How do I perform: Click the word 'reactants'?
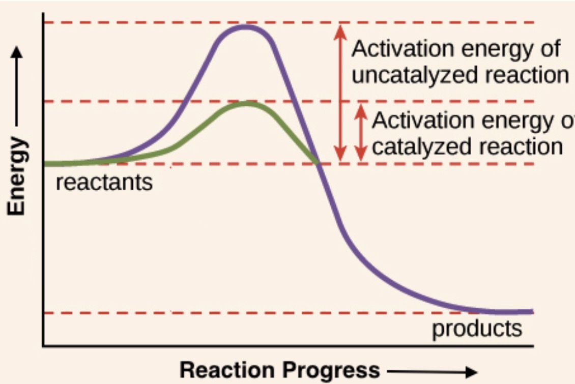(104, 182)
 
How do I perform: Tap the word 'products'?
(477, 329)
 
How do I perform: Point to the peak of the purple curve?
(246, 26)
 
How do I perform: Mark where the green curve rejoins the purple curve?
(318, 163)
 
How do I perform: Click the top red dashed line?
(153, 22)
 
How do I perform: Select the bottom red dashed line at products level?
(204, 313)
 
